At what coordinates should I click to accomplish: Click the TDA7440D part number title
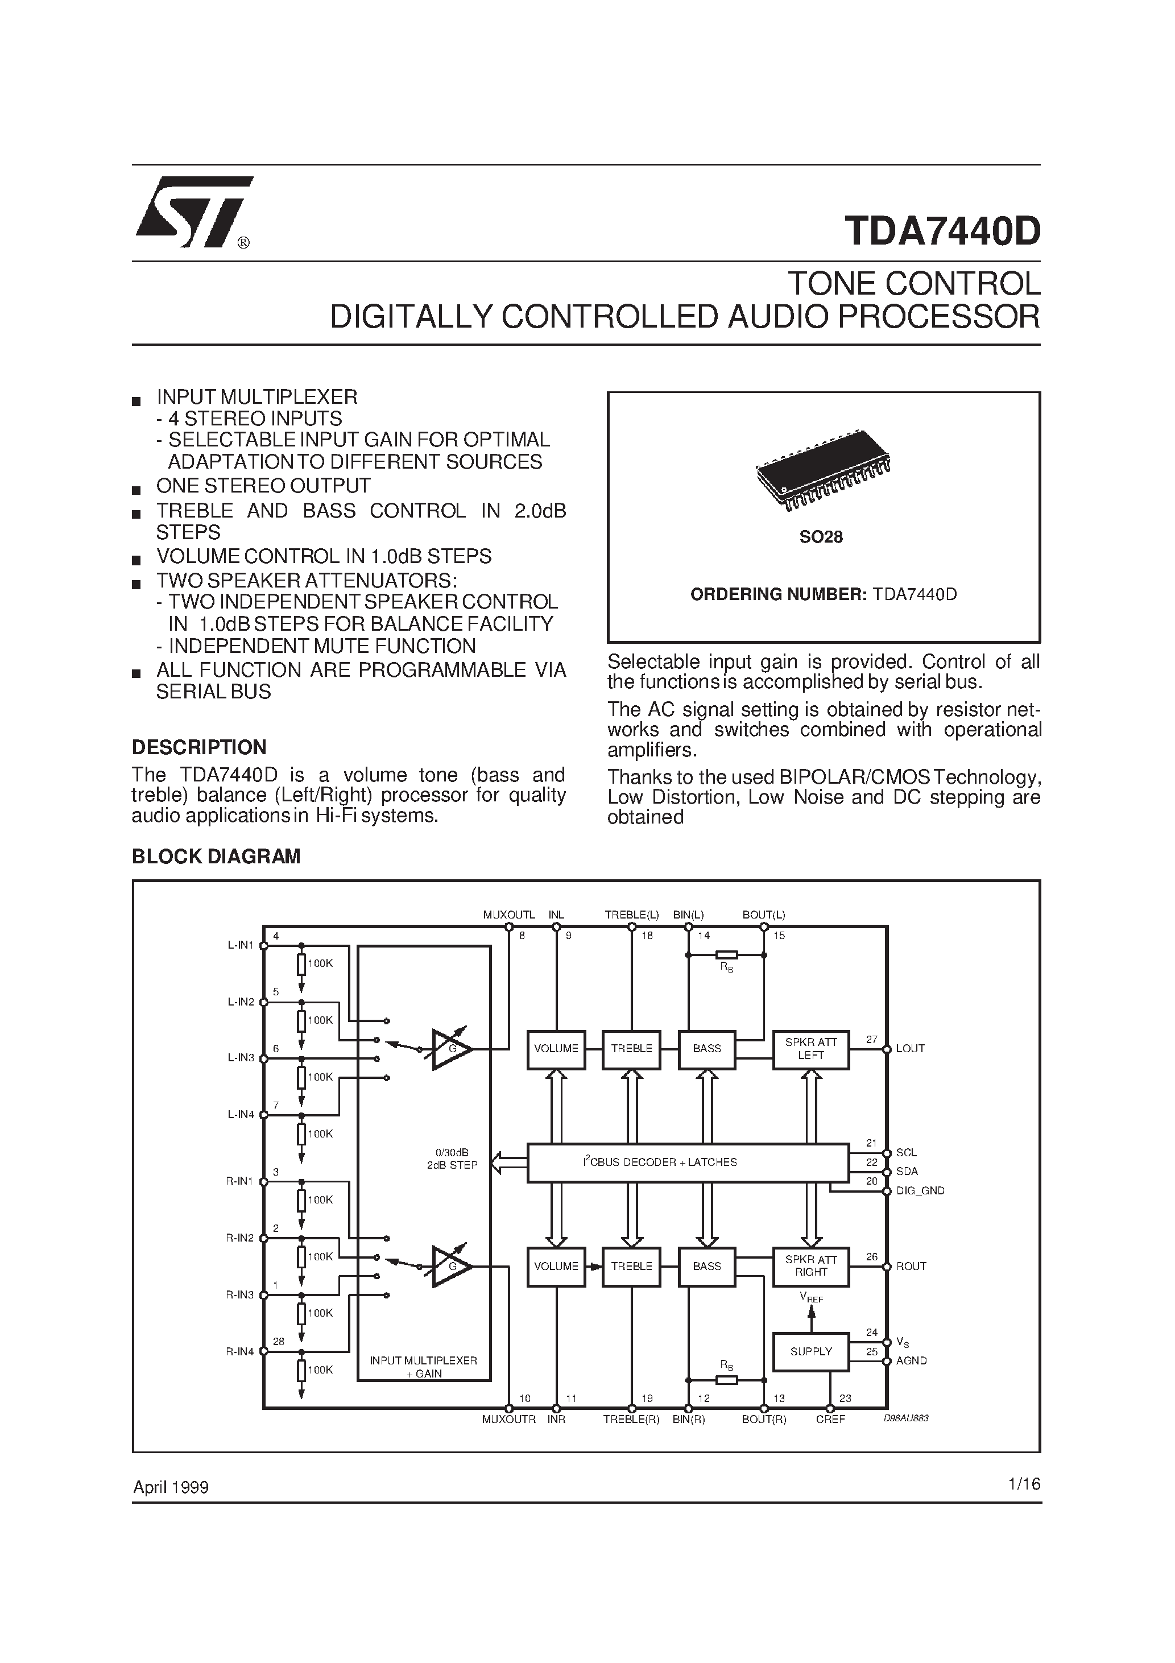coord(942,231)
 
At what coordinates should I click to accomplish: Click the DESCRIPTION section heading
coord(198,747)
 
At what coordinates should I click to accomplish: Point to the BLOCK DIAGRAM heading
coord(216,856)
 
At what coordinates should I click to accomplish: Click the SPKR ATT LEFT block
coord(810,1048)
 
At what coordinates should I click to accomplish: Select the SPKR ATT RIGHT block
coord(810,1265)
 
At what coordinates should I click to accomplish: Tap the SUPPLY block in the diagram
coord(810,1351)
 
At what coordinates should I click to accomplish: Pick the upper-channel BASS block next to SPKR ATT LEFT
coord(706,1048)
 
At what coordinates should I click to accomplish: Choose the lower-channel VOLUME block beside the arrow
coord(556,1266)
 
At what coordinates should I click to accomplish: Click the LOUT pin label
coord(910,1049)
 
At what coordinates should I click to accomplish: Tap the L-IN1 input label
coord(241,945)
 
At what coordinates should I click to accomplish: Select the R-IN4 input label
coord(241,1351)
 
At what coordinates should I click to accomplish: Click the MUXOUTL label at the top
coord(508,915)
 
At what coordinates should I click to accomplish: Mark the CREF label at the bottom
coord(830,1419)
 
